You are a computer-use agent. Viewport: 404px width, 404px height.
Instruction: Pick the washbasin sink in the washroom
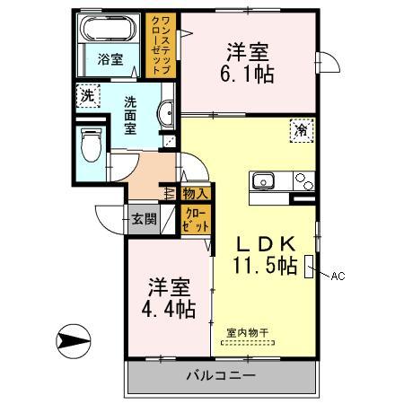tap(166, 112)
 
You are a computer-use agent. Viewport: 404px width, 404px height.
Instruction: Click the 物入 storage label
tap(195, 193)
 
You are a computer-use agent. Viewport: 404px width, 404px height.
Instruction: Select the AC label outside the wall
tap(338, 276)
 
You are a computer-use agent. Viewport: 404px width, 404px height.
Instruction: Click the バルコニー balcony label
tap(222, 375)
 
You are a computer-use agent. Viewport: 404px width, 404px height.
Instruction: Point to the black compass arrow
tap(75, 340)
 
